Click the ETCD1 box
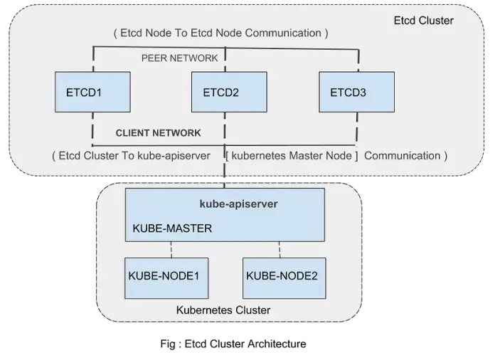coord(92,92)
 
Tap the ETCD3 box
coord(356,92)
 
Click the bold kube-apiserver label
coord(239,203)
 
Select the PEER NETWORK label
coord(180,58)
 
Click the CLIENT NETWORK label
coord(159,133)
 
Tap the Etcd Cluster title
coord(423,21)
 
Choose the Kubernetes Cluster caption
coord(223,311)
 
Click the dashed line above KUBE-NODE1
coord(171,250)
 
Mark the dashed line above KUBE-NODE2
coord(279,250)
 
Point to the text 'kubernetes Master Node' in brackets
coord(292,155)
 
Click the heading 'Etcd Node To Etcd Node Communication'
coord(220,33)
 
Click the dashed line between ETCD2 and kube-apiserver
coord(225,171)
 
